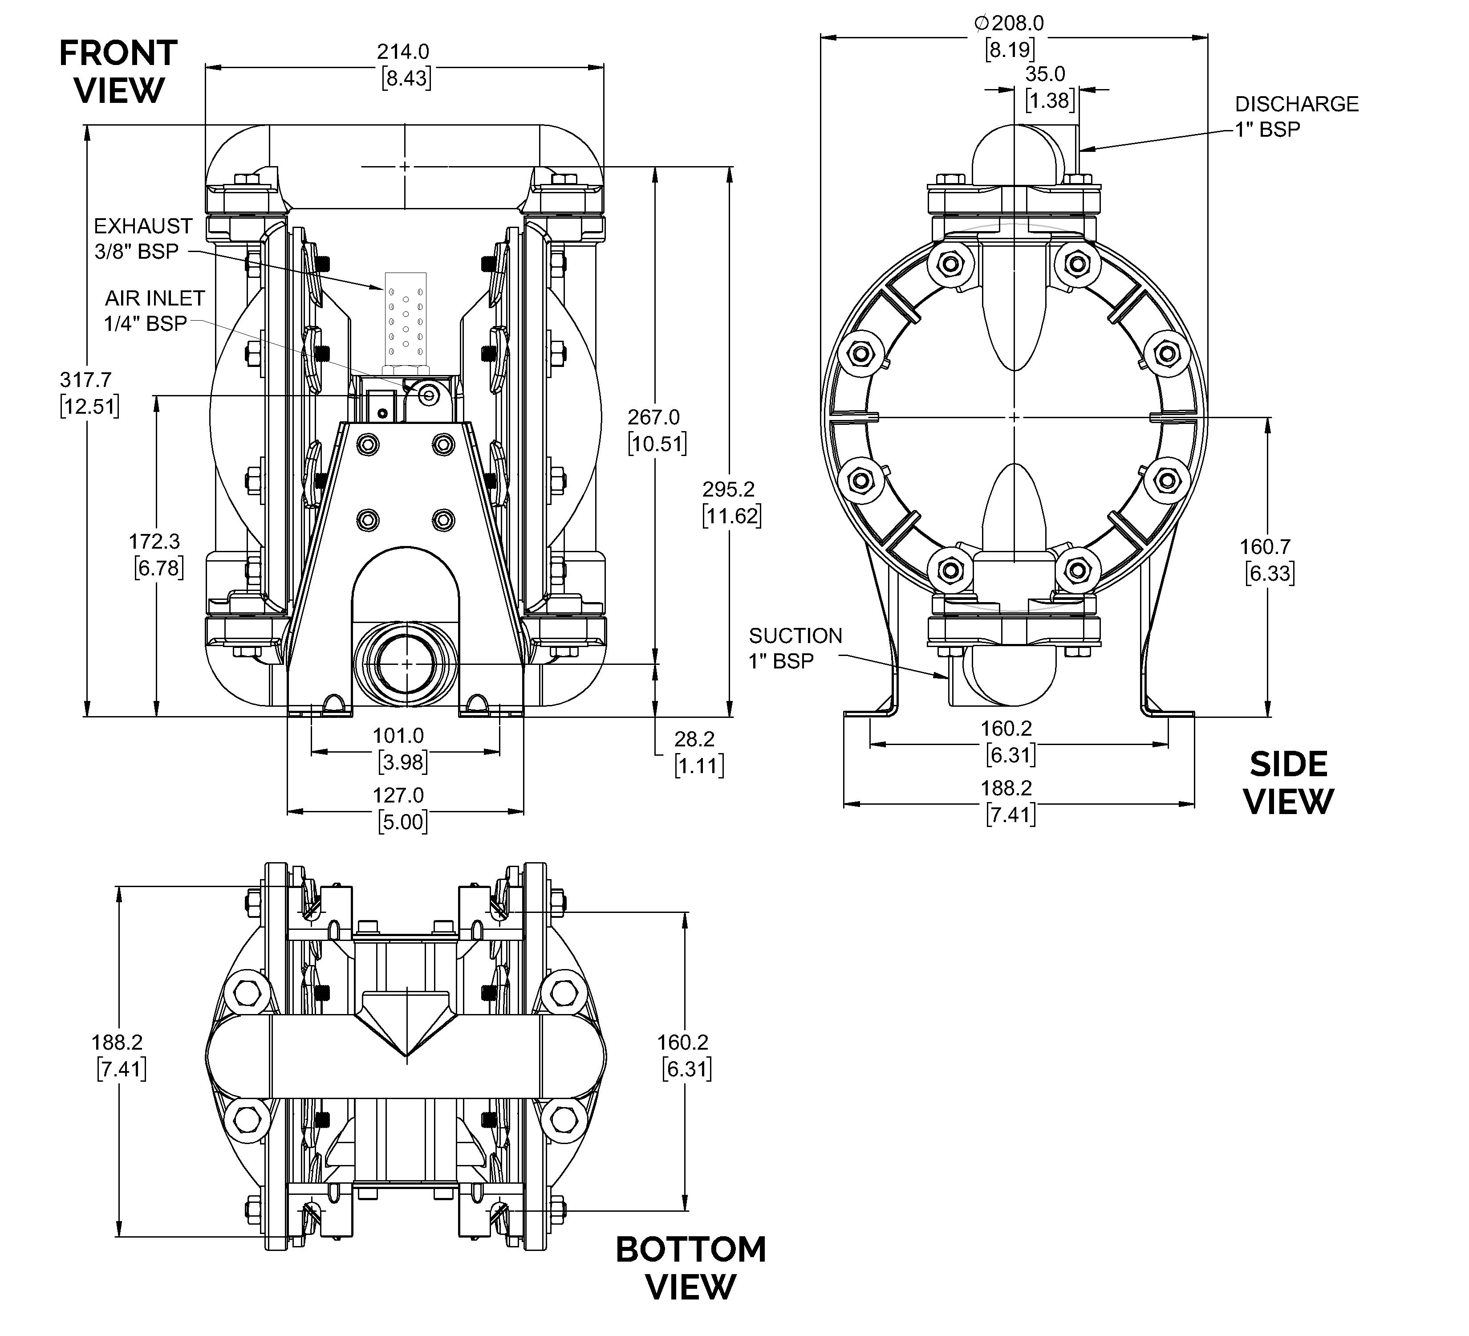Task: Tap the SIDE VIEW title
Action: click(1288, 783)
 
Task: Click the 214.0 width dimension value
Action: click(403, 52)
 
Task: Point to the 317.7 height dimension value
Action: click(85, 380)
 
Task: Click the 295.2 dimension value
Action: click(729, 489)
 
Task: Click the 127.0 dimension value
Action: click(398, 795)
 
